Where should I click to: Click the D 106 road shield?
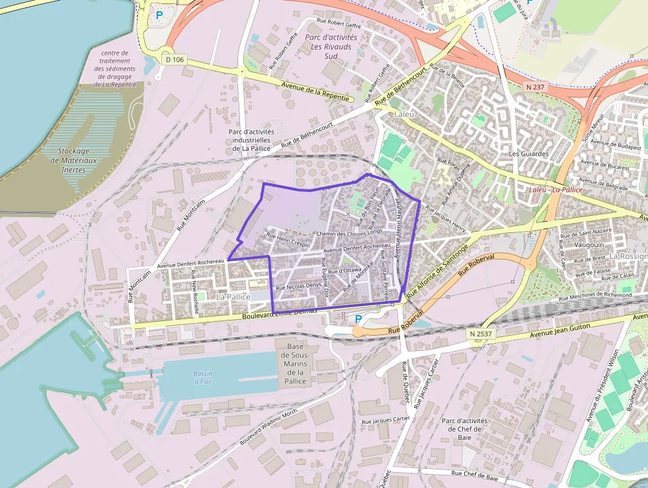pyautogui.click(x=175, y=60)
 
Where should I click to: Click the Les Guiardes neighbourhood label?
pyautogui.click(x=529, y=154)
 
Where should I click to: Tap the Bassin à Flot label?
pyautogui.click(x=203, y=377)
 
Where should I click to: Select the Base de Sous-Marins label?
pyautogui.click(x=295, y=364)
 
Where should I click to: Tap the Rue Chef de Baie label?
pyautogui.click(x=474, y=474)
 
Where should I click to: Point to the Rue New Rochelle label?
pyautogui.click(x=195, y=285)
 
